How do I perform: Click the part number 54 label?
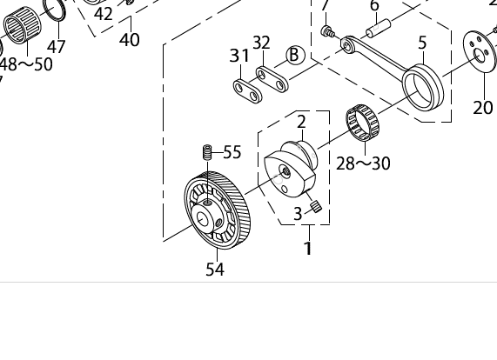(x=215, y=270)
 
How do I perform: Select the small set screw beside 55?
(x=208, y=153)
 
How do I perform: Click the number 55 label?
(x=232, y=153)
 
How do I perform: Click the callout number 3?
(x=298, y=213)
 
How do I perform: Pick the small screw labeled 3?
(x=317, y=207)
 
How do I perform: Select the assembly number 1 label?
(x=307, y=250)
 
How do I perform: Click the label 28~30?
(x=363, y=163)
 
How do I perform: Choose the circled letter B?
(x=294, y=56)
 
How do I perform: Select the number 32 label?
(x=261, y=43)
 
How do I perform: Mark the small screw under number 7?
(x=328, y=32)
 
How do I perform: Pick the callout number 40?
(x=130, y=40)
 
